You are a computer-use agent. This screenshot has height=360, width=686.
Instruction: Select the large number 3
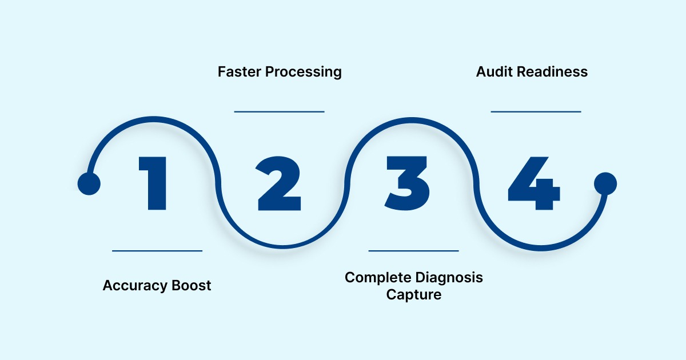tap(407, 182)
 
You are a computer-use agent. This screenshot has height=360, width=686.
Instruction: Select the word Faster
tap(240, 72)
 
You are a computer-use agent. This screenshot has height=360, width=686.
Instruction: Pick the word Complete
tap(378, 278)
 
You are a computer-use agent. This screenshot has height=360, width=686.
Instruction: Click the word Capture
tap(414, 295)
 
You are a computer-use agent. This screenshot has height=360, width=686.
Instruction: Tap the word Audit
tap(494, 72)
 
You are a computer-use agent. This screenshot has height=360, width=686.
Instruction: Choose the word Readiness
tap(552, 72)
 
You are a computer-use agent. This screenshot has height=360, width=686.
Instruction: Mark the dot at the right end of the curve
tap(605, 184)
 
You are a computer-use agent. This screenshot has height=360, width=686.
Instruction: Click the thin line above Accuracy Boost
tap(157, 250)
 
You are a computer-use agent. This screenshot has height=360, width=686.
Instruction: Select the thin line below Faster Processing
tap(279, 111)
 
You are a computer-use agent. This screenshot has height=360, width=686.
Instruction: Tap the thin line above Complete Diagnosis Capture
tap(413, 250)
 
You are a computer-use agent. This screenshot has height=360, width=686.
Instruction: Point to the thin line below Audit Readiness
tap(536, 111)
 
